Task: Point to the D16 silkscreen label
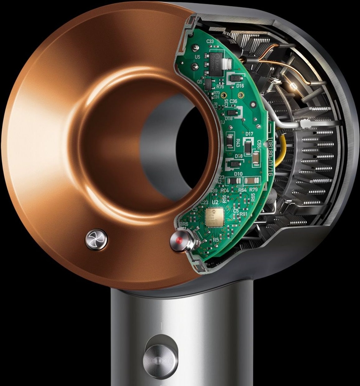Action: (240, 86)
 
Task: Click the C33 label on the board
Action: (210, 41)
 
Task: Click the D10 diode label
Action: (238, 174)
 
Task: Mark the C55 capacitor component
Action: (256, 159)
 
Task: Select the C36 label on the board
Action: (233, 101)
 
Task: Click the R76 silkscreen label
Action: (220, 87)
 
